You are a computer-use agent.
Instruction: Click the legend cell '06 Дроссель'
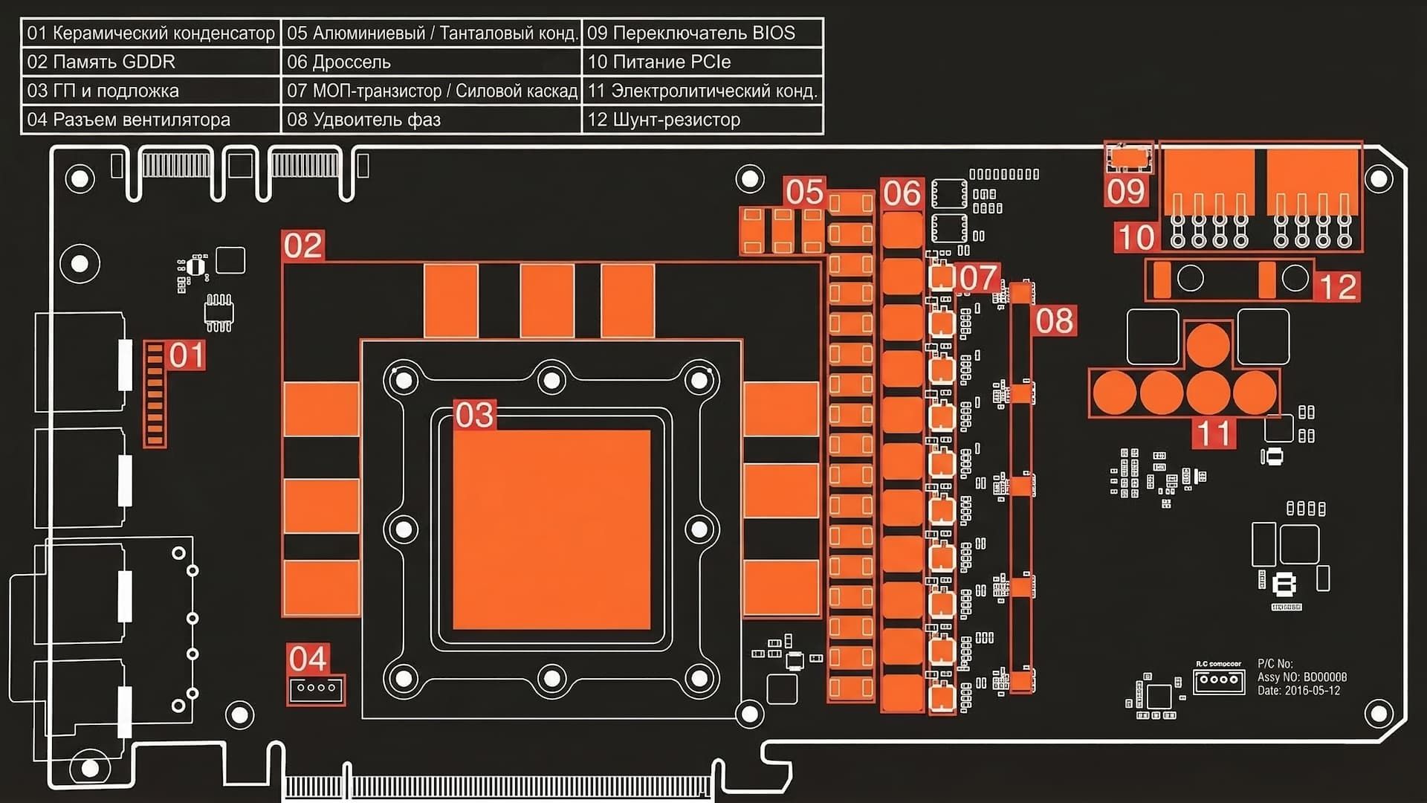431,62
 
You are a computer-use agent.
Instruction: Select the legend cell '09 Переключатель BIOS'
702,33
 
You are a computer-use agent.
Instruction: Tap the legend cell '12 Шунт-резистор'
702,120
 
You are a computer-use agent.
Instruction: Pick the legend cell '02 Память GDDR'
151,62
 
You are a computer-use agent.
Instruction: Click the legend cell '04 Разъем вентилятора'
151,120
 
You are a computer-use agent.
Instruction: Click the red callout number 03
474,415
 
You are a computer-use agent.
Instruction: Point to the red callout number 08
1055,320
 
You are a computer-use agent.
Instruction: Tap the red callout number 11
1214,433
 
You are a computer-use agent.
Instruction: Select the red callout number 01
186,355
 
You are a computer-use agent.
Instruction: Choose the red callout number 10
1136,238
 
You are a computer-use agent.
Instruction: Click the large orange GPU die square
551,529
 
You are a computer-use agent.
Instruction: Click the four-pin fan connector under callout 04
317,688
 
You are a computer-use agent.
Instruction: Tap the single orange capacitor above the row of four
1208,344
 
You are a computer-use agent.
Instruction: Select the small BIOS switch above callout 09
1128,157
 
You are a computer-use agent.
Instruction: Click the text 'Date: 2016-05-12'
1298,691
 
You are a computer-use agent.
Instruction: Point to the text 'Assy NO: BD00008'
1301,677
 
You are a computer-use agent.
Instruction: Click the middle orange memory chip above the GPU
547,300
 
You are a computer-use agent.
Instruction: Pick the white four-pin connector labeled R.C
1218,680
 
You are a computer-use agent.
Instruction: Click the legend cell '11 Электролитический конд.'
702,91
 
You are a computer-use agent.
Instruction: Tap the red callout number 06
902,194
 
